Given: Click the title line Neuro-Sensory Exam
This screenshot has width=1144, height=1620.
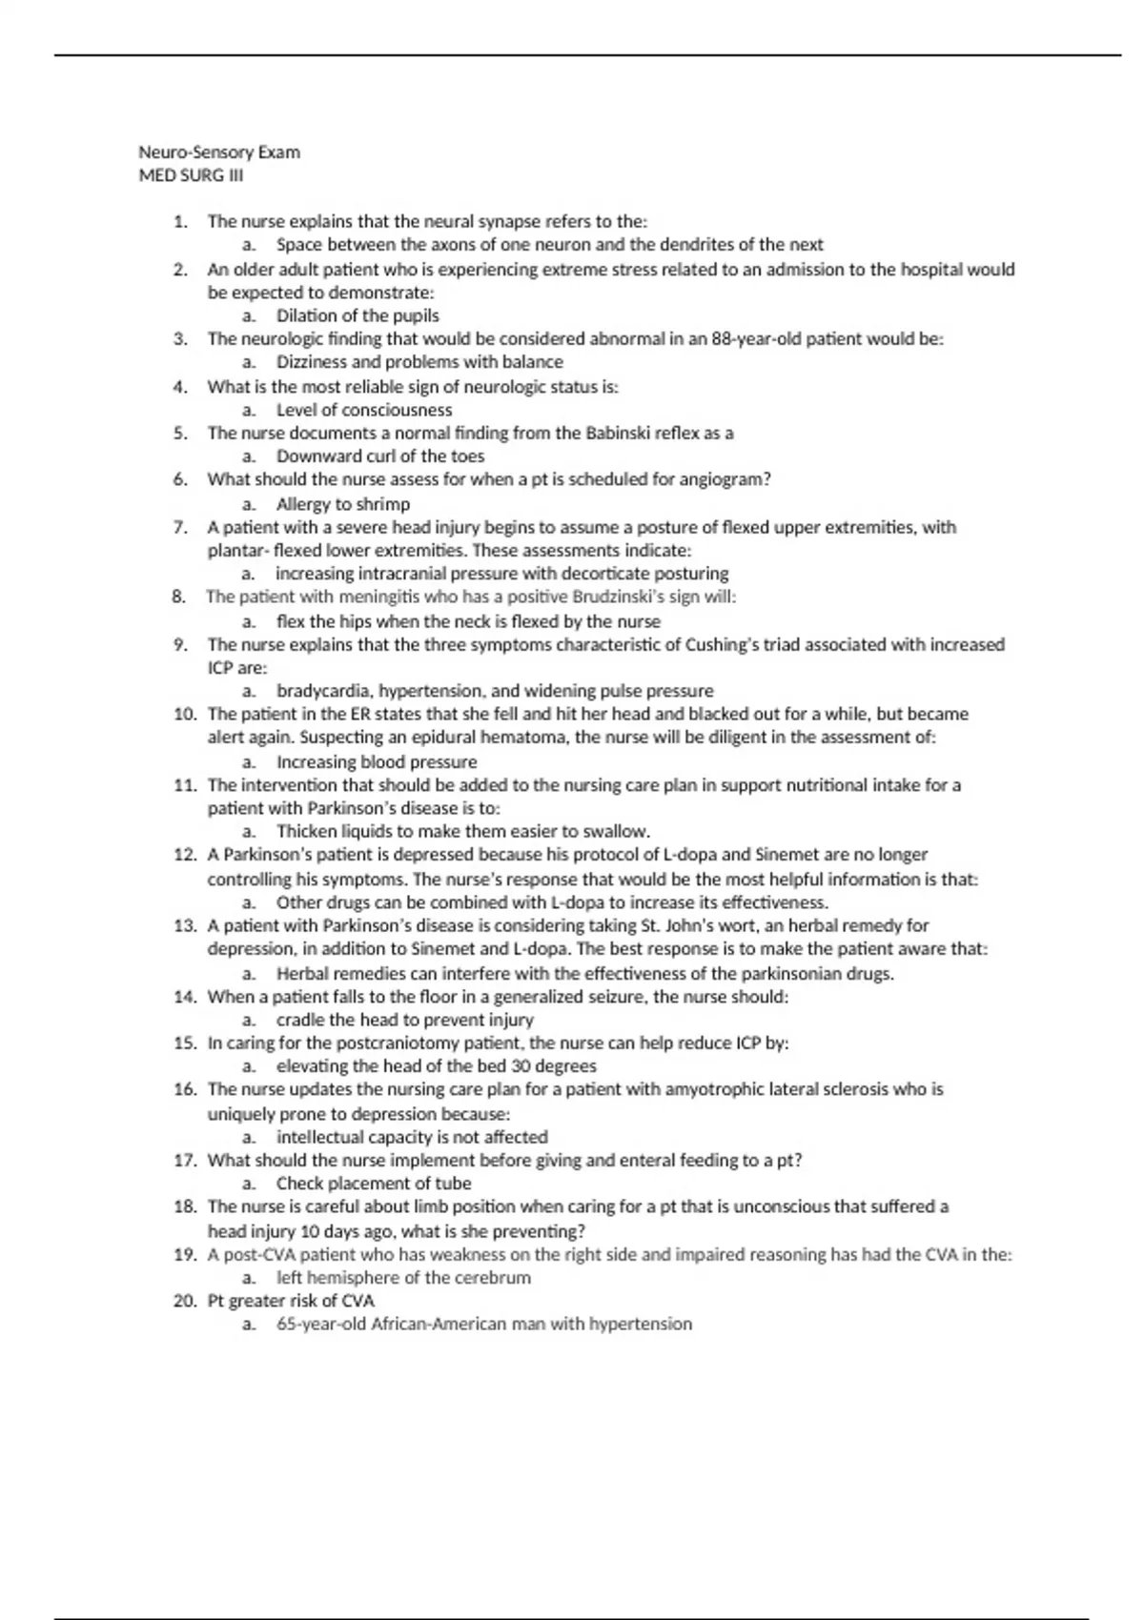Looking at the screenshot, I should point(219,152).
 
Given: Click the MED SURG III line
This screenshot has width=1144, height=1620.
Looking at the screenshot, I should point(192,175).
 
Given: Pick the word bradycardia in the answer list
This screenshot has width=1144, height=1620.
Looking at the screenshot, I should point(319,691).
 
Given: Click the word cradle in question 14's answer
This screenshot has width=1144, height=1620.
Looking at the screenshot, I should point(300,1020).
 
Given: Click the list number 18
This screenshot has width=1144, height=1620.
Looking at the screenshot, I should point(184,1206).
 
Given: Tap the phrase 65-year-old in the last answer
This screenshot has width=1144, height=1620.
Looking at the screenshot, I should point(321,1324).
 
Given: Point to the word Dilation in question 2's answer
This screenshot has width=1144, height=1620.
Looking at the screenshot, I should point(305,315).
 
